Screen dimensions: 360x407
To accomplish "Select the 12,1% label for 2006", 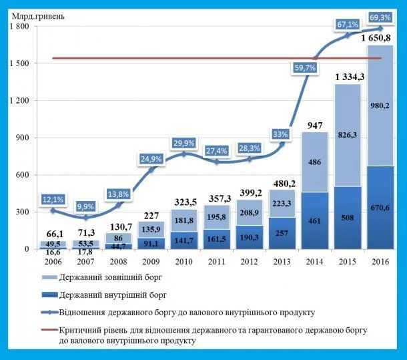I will (x=53, y=199).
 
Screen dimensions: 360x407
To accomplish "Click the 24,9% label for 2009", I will (x=151, y=159).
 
